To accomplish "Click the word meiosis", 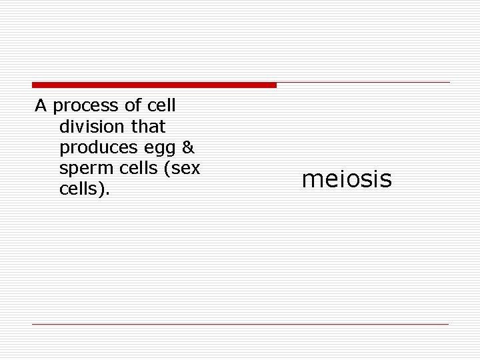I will point(347,179).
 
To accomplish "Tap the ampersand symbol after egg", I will point(187,147).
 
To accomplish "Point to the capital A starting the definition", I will point(40,105).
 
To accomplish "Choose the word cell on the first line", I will point(163,105).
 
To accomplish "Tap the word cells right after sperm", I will point(129,168).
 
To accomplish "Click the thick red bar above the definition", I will point(154,85).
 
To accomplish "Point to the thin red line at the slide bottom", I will point(240,324).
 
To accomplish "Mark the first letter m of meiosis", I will point(311,180).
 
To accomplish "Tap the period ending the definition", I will point(108,193).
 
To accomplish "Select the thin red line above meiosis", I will point(363,83).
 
